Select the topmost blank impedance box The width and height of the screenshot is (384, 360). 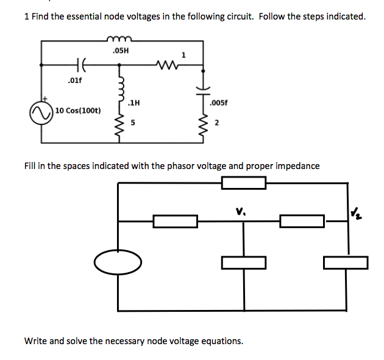pos(244,182)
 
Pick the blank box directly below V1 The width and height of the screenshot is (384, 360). pos(244,262)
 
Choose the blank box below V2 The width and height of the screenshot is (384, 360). pos(346,262)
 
